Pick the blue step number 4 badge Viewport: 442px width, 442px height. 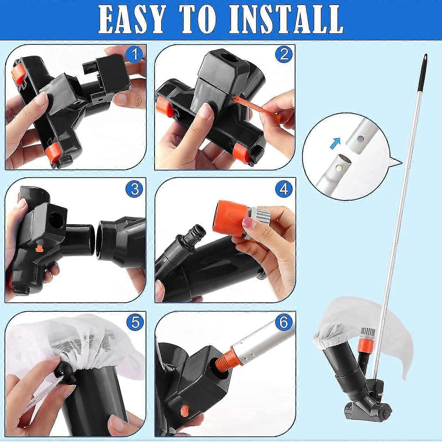coord(283,189)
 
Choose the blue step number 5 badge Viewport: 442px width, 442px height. coord(135,322)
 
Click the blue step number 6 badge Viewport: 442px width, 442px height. coord(283,322)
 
